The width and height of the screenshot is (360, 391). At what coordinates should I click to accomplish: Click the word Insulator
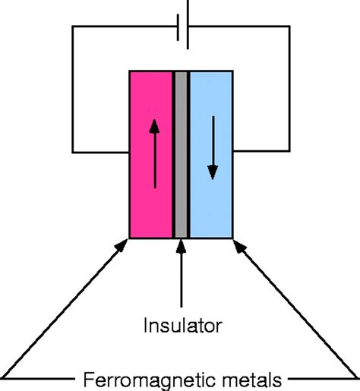click(183, 325)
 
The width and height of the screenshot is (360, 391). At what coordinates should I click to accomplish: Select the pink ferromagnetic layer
click(151, 154)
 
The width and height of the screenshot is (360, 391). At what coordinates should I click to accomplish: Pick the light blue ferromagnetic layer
click(211, 154)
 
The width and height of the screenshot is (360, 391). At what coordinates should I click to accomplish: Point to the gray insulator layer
click(181, 154)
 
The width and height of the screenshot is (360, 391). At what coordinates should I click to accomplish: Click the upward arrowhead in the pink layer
click(154, 126)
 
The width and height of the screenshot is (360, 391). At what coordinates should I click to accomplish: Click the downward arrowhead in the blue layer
click(213, 172)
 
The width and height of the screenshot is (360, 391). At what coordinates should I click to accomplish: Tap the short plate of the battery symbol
click(178, 27)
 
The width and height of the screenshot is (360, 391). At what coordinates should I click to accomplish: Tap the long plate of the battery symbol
click(188, 24)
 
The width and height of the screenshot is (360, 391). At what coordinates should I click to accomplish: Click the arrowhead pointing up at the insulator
click(181, 246)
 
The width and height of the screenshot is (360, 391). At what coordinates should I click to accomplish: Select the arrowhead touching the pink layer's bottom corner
click(122, 245)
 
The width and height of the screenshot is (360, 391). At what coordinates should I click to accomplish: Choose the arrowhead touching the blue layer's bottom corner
click(240, 246)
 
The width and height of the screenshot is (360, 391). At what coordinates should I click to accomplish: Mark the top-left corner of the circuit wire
click(73, 26)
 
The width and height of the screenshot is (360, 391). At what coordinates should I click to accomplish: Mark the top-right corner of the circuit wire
click(289, 26)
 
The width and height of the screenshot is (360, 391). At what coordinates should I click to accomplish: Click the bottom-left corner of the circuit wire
click(73, 153)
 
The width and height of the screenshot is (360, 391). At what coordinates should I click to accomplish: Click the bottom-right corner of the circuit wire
click(289, 151)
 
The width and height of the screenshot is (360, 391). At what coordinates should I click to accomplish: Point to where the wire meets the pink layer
click(129, 153)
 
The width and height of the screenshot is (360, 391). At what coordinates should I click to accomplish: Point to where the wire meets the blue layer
click(233, 151)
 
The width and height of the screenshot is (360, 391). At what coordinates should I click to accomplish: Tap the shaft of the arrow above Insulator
click(182, 280)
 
